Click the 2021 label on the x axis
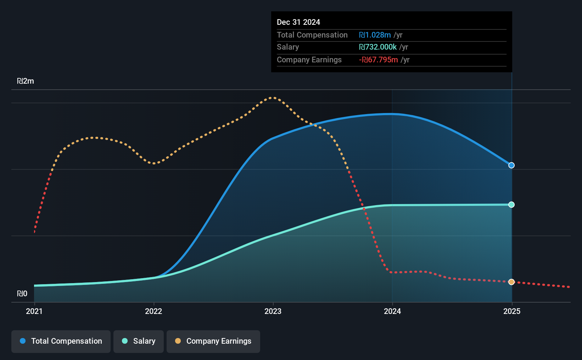[34, 311]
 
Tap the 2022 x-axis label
[153, 311]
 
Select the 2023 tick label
[273, 311]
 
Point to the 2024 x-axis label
[392, 311]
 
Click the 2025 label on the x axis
[512, 311]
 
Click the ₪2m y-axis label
[26, 81]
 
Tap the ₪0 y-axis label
[22, 293]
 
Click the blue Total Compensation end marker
[511, 165]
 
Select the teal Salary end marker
[511, 205]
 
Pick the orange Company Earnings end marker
[511, 282]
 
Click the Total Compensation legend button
[61, 341]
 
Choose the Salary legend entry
[139, 341]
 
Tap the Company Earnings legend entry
[213, 341]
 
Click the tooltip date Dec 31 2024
[298, 22]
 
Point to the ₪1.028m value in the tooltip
[375, 35]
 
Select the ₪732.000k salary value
[378, 47]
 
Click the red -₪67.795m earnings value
[378, 60]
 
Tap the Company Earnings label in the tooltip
[309, 60]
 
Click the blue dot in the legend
[23, 341]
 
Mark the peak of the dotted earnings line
[272, 98]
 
